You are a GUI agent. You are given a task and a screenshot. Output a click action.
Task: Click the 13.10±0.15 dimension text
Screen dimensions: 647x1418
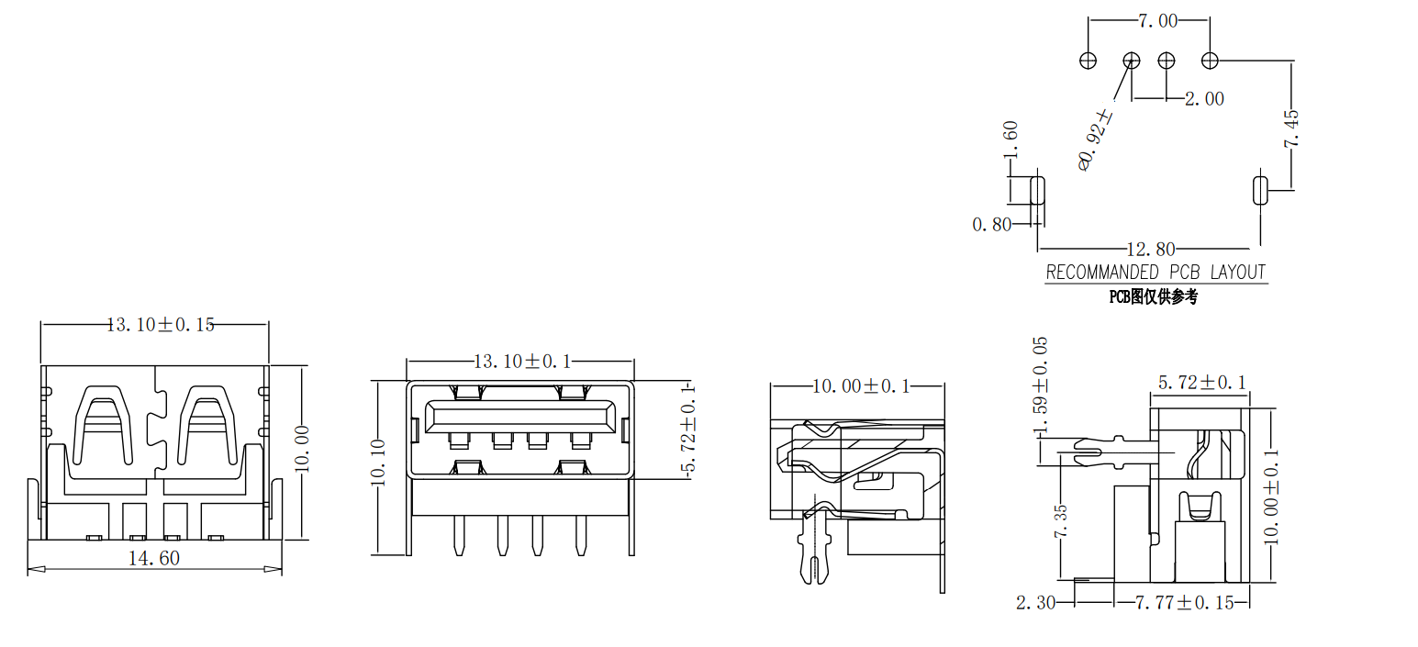coord(161,325)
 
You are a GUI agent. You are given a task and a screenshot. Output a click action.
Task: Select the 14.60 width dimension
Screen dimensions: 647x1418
coord(154,558)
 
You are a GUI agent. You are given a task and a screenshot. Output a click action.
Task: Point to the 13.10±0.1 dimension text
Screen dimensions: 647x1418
coord(522,362)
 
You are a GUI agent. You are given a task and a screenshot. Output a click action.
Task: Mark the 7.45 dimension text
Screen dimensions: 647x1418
coord(1291,128)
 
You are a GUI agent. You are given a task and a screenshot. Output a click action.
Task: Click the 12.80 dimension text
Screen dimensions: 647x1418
coord(1151,250)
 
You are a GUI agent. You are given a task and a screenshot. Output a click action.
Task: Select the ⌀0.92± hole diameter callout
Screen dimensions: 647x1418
coord(1095,139)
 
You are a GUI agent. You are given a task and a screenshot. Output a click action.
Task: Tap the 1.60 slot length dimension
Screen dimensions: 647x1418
coord(1010,140)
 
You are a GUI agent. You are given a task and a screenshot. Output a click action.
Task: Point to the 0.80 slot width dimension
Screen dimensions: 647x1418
coord(991,225)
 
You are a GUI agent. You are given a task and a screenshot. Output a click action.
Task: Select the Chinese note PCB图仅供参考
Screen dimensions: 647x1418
coord(1153,296)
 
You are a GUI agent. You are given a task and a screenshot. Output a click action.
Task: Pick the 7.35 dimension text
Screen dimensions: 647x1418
coord(1060,521)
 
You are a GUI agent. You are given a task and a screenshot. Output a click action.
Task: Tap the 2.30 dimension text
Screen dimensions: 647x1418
coord(1035,603)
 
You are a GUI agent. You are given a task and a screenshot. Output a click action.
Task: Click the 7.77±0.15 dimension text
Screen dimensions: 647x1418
coord(1184,603)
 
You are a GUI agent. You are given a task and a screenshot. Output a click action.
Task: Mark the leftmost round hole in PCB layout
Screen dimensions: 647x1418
coord(1088,61)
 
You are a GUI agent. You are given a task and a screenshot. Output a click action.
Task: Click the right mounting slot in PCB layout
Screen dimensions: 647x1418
coord(1259,189)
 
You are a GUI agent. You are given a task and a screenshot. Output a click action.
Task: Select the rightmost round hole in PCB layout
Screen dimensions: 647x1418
coord(1210,61)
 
